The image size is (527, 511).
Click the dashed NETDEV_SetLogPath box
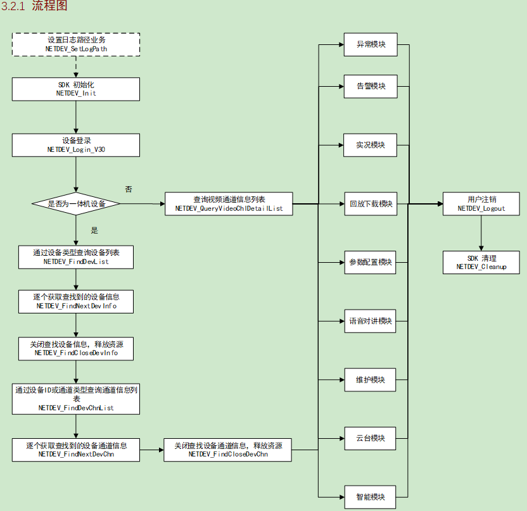click(76, 44)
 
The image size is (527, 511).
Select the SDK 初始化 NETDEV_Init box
click(76, 89)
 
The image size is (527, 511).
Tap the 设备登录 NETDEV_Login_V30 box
click(76, 145)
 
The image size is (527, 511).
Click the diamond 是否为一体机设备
click(76, 204)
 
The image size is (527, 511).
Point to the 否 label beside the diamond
click(129, 189)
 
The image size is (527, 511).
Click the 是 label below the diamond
click(95, 230)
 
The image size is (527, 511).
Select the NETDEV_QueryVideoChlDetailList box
click(229, 204)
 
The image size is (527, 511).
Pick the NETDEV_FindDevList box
click(76, 256)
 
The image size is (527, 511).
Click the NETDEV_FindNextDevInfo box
click(76, 301)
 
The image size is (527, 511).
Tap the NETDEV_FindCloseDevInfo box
click(76, 348)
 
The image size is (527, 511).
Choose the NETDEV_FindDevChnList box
click(76, 399)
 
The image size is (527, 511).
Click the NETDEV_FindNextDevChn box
click(76, 450)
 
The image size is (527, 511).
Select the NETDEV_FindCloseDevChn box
click(228, 450)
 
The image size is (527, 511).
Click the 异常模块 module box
click(371, 45)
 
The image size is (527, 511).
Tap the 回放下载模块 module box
click(371, 204)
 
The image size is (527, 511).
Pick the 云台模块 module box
click(371, 438)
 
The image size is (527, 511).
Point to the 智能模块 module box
click(371, 496)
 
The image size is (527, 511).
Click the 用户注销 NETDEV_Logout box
click(481, 204)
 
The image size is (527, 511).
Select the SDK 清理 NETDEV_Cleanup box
click(481, 262)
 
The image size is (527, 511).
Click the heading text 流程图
click(49, 7)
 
